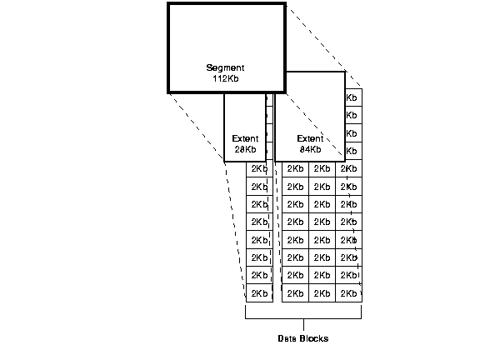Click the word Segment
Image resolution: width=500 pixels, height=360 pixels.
click(x=226, y=67)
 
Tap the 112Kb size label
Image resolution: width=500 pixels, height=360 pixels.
click(x=226, y=79)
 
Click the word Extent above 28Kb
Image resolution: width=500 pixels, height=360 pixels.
click(x=245, y=138)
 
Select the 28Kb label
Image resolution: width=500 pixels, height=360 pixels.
click(x=245, y=150)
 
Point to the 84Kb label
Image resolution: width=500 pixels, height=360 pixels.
click(x=310, y=150)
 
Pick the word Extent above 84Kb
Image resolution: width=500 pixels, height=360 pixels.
click(x=310, y=138)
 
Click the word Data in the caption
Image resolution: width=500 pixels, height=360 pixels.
click(x=288, y=339)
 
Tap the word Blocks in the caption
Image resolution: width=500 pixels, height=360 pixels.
click(x=315, y=339)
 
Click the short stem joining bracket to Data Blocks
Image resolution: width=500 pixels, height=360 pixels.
click(x=303, y=324)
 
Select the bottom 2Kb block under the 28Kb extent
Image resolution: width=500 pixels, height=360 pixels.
click(x=258, y=293)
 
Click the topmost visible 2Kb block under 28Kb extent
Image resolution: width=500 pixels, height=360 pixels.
click(x=258, y=169)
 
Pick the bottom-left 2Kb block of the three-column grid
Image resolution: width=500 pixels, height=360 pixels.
click(x=295, y=293)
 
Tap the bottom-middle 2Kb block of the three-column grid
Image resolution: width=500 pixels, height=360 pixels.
click(x=322, y=293)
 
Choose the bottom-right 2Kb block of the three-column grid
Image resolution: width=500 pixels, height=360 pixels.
click(x=348, y=293)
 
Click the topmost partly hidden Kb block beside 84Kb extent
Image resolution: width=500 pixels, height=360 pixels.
click(x=352, y=97)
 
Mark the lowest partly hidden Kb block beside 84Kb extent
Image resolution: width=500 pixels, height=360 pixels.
click(x=352, y=151)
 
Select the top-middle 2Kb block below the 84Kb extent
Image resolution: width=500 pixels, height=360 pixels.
click(x=322, y=169)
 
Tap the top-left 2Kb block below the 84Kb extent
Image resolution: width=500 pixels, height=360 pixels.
click(x=295, y=169)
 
